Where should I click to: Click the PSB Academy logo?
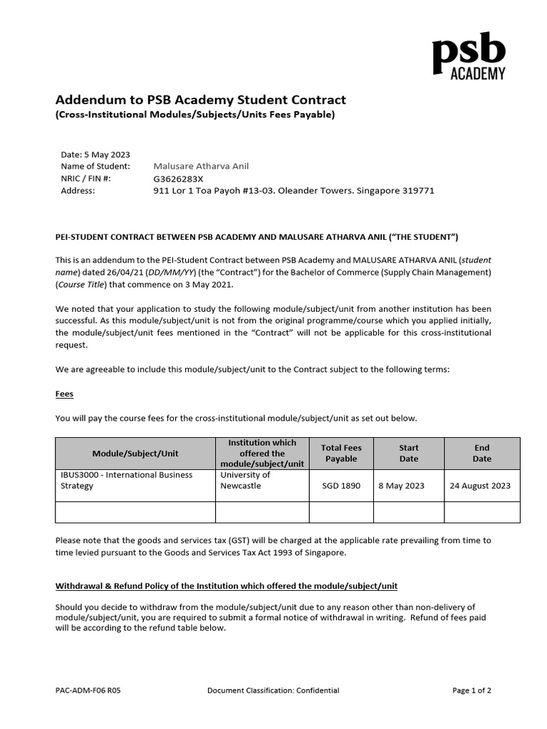pos(469,56)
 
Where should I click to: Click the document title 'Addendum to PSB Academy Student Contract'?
pos(201,100)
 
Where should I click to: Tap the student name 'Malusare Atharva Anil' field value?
pos(202,167)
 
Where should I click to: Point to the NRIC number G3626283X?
pos(178,179)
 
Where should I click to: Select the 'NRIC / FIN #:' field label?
pos(86,179)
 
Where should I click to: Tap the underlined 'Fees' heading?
pos(64,394)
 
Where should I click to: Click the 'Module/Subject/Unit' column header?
pos(135,453)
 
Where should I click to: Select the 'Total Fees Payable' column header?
pos(341,453)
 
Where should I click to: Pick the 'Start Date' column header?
pos(409,453)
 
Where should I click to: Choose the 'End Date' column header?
pos(482,453)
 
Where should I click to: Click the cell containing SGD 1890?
pos(341,486)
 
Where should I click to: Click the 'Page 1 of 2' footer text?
pos(472,690)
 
